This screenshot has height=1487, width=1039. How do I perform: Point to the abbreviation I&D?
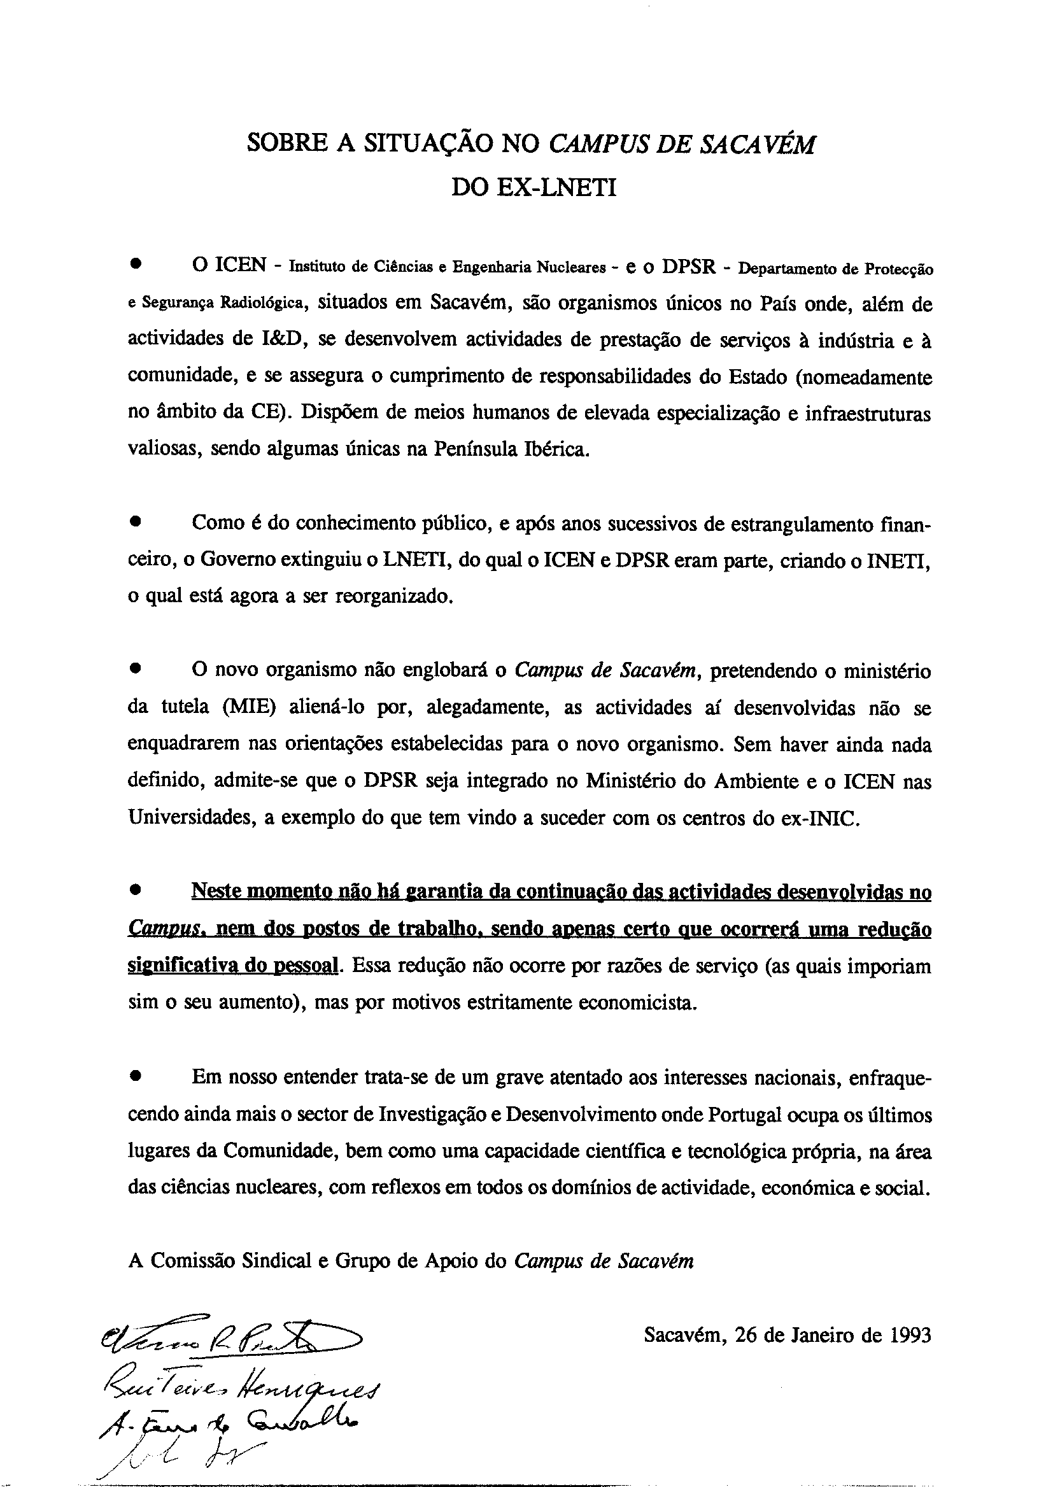coord(281,340)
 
